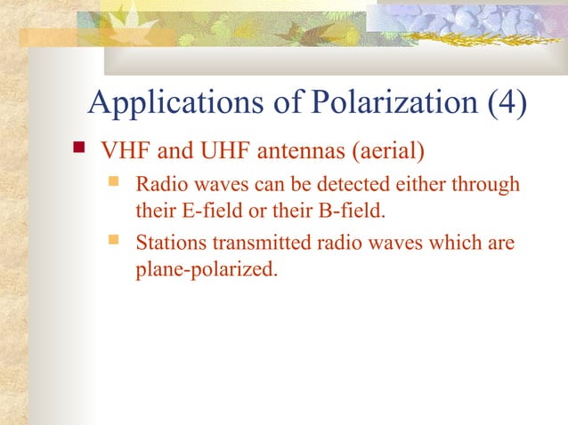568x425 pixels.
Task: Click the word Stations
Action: pyautogui.click(x=166, y=243)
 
